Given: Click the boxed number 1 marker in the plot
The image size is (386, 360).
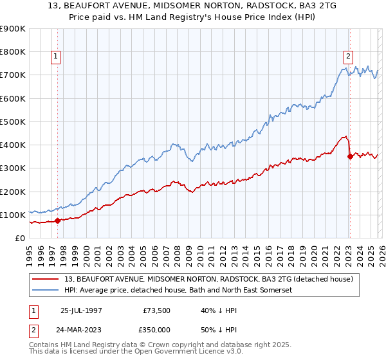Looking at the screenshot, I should (x=57, y=57).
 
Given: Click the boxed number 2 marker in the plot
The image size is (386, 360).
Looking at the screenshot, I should (x=348, y=57).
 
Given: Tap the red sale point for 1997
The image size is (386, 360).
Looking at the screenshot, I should (x=57, y=221).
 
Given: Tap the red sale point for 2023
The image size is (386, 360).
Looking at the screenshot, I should (x=349, y=156).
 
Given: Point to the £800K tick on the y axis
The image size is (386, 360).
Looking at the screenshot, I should (x=12, y=52).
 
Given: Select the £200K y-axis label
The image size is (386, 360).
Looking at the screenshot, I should (x=12, y=192).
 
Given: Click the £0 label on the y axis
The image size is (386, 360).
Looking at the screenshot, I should (x=20, y=239).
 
